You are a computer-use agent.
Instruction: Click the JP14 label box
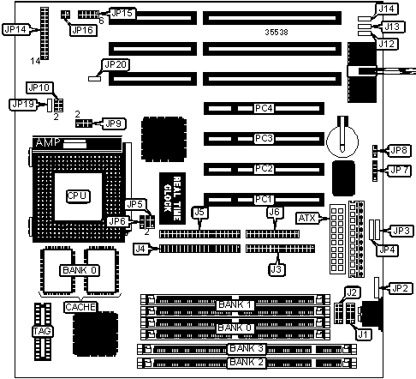[16, 29]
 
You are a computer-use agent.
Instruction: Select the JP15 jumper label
[122, 13]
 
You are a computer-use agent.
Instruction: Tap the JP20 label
[116, 65]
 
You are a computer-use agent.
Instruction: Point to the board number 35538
[276, 33]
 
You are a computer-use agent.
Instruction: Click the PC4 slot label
[264, 108]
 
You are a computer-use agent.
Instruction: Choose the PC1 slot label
[264, 199]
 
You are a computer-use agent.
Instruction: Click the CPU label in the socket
[78, 196]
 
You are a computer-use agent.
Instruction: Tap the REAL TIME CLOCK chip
[172, 198]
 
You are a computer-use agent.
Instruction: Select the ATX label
[307, 219]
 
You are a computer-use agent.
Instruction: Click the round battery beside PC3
[342, 141]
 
